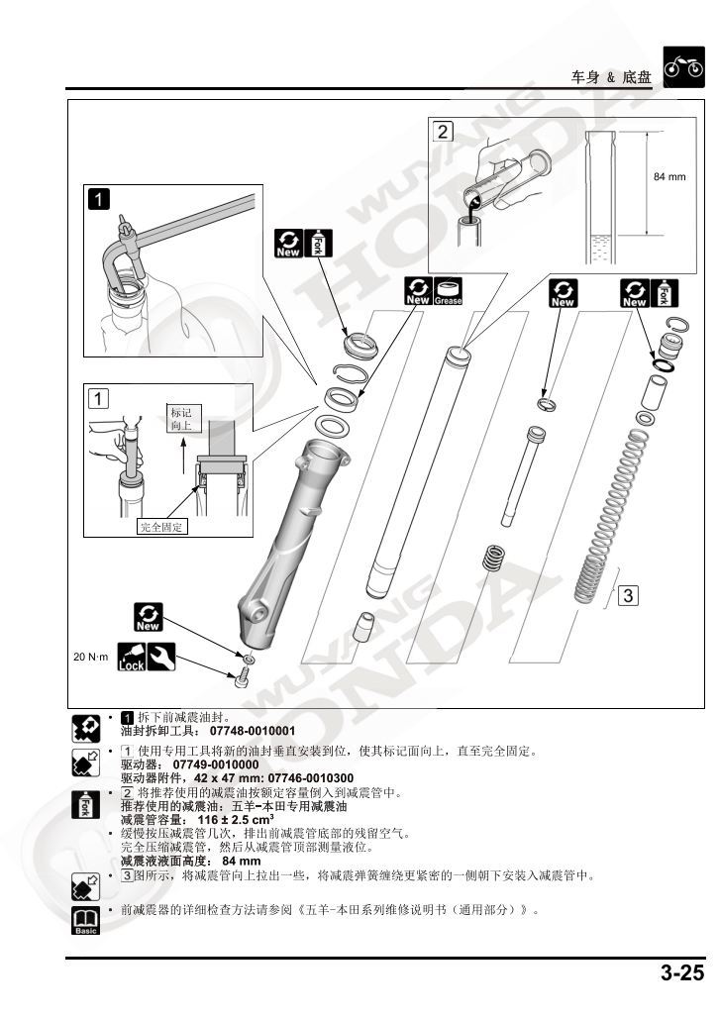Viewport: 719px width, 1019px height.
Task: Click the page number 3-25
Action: pos(682,973)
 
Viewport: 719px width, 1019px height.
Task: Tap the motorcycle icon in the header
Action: pos(682,68)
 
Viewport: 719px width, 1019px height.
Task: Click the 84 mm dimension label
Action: pos(669,176)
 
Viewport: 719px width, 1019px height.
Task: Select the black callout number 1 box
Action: pos(99,199)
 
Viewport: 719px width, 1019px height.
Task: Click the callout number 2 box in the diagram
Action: pos(443,131)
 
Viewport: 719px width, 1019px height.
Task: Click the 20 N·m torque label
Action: pos(90,657)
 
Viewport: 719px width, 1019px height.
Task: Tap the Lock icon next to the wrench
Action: pos(131,657)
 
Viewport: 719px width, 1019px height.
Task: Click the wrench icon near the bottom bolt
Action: pos(161,656)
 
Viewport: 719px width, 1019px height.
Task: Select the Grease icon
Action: pos(448,292)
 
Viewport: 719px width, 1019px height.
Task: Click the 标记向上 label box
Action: pos(185,419)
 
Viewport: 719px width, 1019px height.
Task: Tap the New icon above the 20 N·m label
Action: pos(150,618)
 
